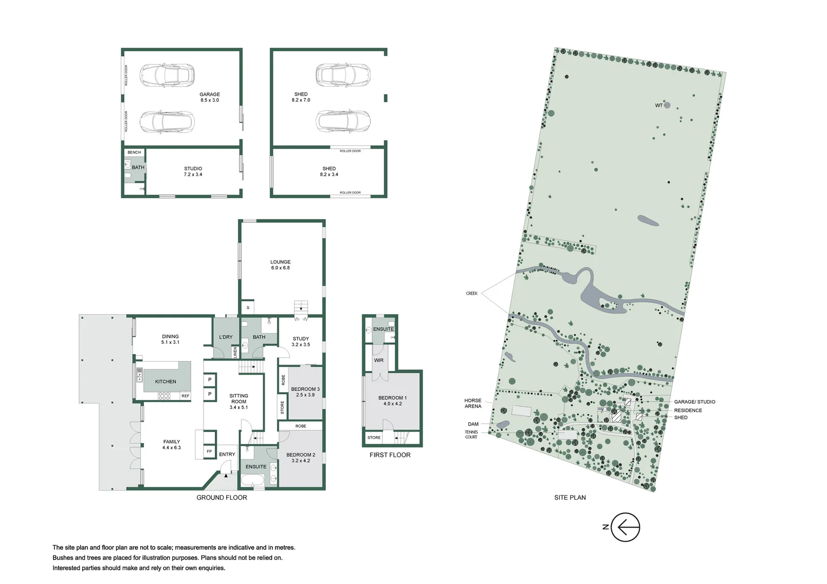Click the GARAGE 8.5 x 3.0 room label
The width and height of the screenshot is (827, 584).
click(209, 97)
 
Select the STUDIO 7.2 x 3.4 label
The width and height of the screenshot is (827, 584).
click(193, 171)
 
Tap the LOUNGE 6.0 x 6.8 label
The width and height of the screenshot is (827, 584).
click(280, 265)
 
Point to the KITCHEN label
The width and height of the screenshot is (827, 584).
click(166, 382)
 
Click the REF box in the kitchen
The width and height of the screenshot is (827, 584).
click(186, 396)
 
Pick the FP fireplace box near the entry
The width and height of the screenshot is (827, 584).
click(209, 452)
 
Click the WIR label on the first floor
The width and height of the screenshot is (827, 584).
click(379, 361)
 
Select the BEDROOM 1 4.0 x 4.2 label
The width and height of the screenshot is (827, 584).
click(392, 401)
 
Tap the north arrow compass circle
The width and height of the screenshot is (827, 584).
click(625, 527)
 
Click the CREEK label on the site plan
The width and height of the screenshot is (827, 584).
click(472, 294)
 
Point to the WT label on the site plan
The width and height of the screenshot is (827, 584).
click(659, 105)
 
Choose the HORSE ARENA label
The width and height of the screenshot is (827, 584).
click(472, 403)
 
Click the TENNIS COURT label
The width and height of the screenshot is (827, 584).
click(471, 434)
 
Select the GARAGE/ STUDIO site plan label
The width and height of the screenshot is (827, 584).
click(694, 402)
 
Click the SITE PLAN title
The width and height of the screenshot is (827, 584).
click(570, 497)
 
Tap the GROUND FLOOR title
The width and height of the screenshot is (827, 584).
click(221, 497)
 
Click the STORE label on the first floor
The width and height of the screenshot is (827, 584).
click(374, 437)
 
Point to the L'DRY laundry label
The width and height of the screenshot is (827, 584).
click(226, 337)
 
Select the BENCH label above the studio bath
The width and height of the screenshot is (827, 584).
click(134, 152)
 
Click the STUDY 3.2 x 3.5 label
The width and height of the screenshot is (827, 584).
click(301, 342)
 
